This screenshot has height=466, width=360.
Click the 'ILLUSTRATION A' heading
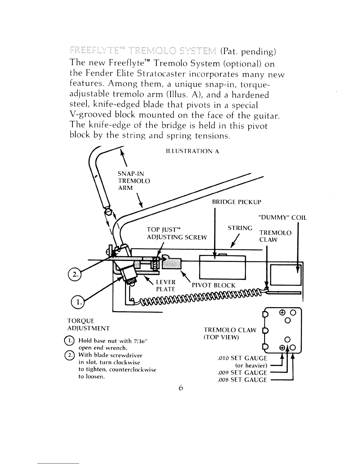pyautogui.click(x=192, y=152)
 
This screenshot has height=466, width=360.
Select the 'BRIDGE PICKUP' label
pyautogui.click(x=236, y=202)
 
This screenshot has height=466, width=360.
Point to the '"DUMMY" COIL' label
pyautogui.click(x=282, y=218)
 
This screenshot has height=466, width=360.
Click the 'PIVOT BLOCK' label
pyautogui.click(x=214, y=285)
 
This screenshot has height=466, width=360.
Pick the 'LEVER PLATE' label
pyautogui.click(x=166, y=286)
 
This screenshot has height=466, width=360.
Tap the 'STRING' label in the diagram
pyautogui.click(x=240, y=228)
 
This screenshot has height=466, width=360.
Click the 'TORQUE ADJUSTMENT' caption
pyautogui.click(x=88, y=324)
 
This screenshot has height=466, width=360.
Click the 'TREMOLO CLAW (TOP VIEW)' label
pyautogui.click(x=230, y=334)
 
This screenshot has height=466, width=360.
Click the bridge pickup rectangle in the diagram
pyautogui.click(x=222, y=267)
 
